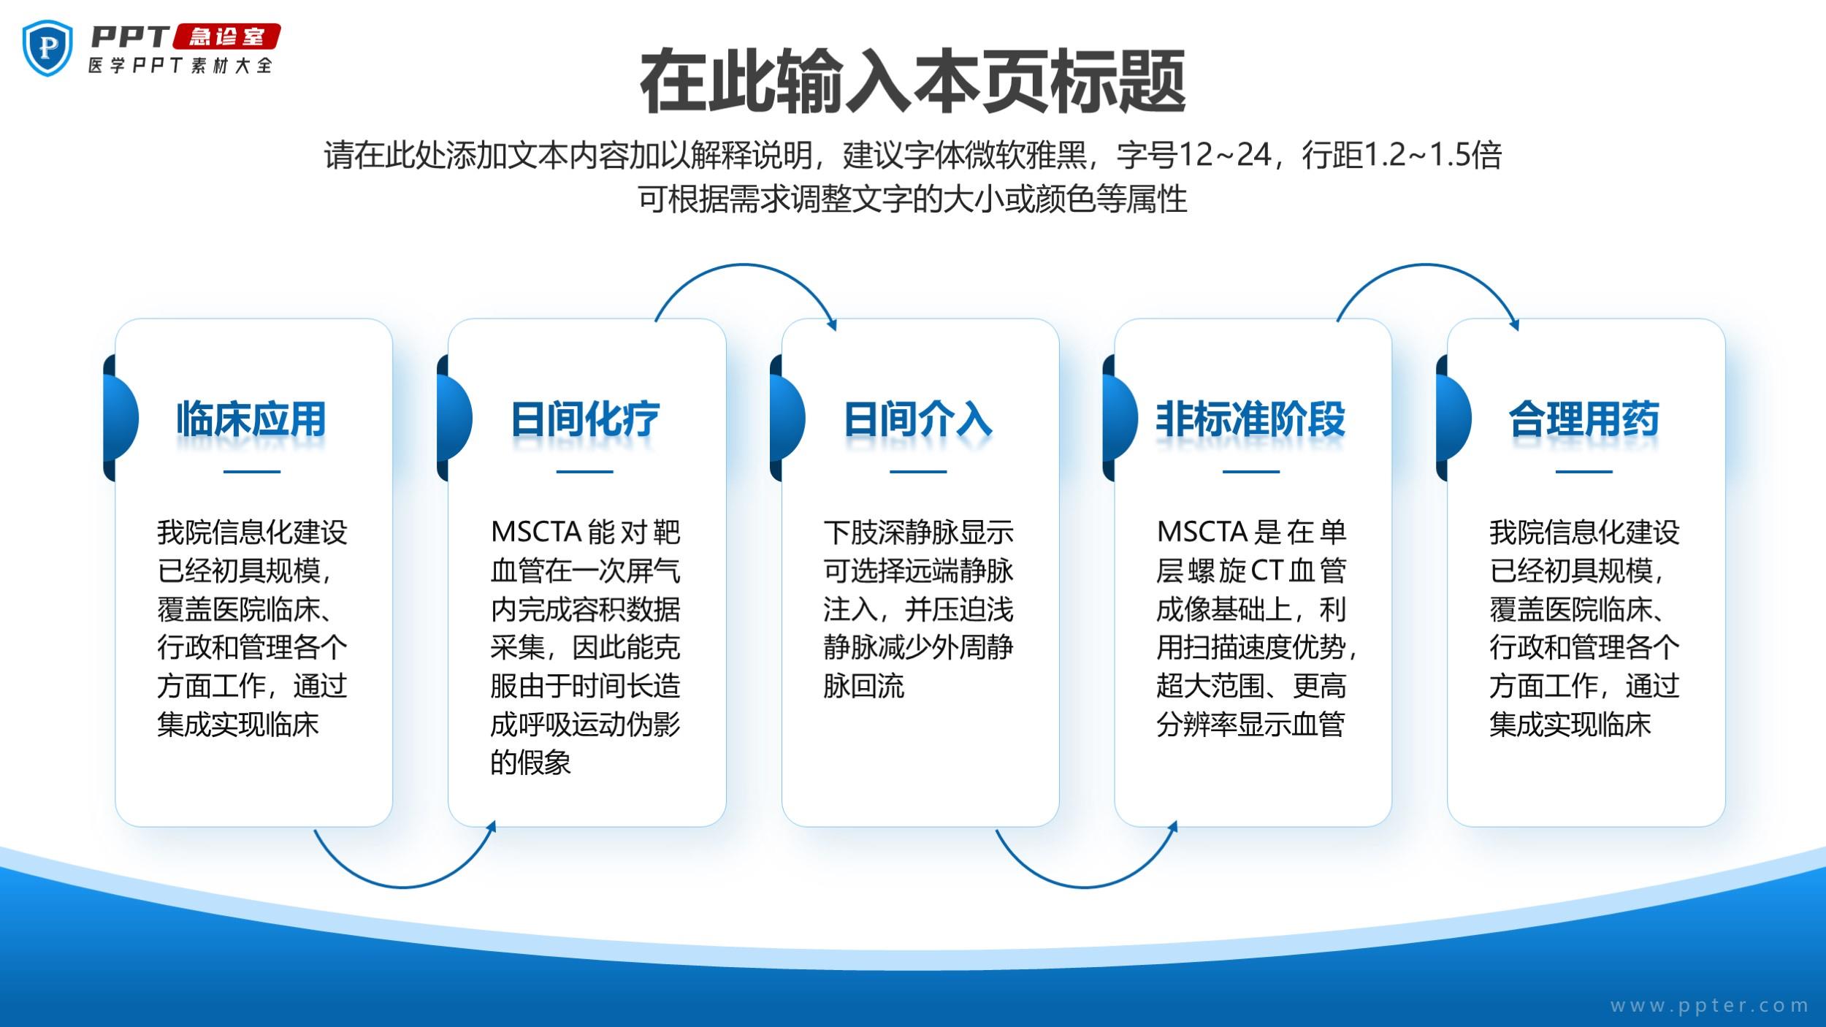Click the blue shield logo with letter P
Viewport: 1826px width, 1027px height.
48,48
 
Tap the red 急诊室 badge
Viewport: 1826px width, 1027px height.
226,37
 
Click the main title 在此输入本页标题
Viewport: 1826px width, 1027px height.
913,81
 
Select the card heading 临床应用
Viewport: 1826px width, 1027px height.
251,419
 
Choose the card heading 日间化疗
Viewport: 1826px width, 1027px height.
585,419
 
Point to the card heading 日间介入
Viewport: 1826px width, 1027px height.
918,419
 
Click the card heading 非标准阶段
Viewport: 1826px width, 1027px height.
1250,419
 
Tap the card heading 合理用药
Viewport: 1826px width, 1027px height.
1584,419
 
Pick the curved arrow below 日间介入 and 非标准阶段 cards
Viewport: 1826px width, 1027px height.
1085,887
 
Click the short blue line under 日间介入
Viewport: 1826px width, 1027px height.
918,472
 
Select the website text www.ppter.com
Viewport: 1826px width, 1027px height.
1709,1006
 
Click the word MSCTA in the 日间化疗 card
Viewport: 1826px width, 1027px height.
535,532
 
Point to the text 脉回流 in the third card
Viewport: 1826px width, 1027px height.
864,686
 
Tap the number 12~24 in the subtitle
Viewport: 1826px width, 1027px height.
1225,155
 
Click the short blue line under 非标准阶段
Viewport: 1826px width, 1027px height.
1251,472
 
